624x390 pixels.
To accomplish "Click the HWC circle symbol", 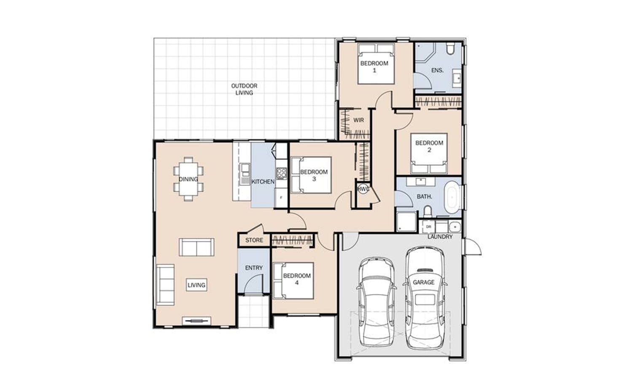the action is click(x=363, y=189).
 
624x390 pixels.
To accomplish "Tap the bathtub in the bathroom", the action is click(x=451, y=198).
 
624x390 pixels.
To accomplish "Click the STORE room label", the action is click(x=254, y=240).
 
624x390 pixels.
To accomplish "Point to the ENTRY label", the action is click(x=254, y=268).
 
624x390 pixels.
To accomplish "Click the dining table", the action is click(x=188, y=179).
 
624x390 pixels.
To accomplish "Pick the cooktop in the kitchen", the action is click(x=281, y=173).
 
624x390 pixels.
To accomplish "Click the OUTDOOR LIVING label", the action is click(x=244, y=89).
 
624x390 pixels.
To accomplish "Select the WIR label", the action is click(x=358, y=120).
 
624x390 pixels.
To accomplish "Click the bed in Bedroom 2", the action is click(x=429, y=153).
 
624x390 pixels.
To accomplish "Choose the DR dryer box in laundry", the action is click(x=428, y=227).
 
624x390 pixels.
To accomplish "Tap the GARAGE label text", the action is click(x=423, y=282).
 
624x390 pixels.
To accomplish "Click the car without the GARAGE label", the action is click(x=377, y=302).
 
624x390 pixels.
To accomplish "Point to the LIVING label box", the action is click(x=196, y=285).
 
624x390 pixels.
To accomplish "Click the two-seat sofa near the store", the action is click(x=196, y=247).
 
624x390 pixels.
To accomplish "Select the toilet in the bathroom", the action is click(x=428, y=211).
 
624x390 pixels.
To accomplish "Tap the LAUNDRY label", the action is click(x=440, y=237).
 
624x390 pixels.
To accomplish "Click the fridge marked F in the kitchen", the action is click(x=281, y=197).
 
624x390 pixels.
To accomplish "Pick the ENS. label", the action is click(x=437, y=70).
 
